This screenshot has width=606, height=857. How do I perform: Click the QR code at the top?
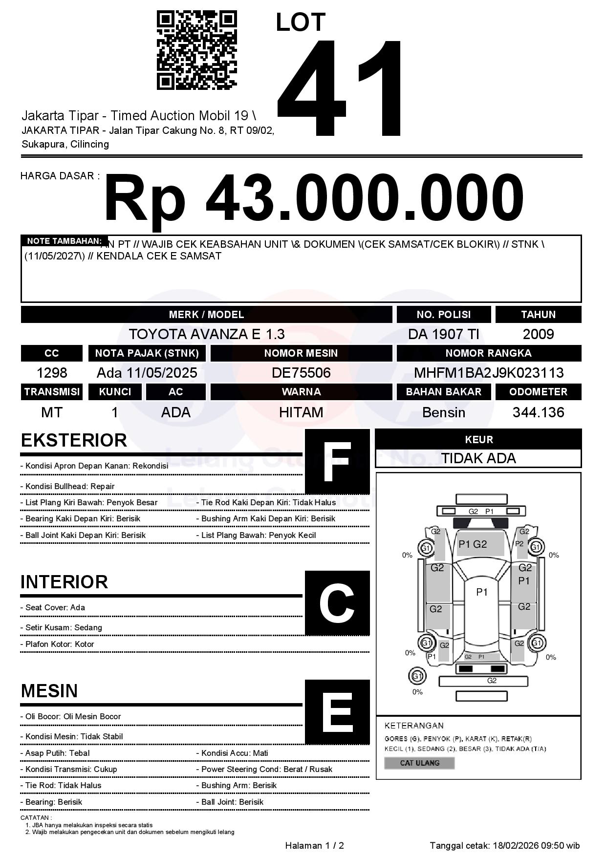196,51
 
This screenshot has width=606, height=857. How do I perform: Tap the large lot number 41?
340,88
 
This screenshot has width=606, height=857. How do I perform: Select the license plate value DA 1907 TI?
443,334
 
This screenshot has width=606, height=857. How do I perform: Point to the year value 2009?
538,334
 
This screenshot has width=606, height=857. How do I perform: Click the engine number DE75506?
301,373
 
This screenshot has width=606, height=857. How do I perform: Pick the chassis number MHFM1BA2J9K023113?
489,373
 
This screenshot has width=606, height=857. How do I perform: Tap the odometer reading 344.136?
538,412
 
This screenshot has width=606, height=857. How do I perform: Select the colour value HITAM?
301,412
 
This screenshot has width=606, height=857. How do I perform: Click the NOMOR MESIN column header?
301,353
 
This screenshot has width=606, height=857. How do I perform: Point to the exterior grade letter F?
337,462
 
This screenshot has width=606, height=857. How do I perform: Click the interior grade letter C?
337,603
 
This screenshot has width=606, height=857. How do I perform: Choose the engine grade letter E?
337,712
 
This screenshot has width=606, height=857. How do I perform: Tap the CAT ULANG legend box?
419,763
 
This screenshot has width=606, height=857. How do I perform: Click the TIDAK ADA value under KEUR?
478,458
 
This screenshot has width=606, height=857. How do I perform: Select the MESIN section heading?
49,691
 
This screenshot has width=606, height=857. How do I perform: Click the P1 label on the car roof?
482,592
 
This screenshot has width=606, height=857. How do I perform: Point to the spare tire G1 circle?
417,676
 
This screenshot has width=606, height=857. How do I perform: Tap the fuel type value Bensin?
443,412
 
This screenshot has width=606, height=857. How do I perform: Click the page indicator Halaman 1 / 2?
314,845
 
